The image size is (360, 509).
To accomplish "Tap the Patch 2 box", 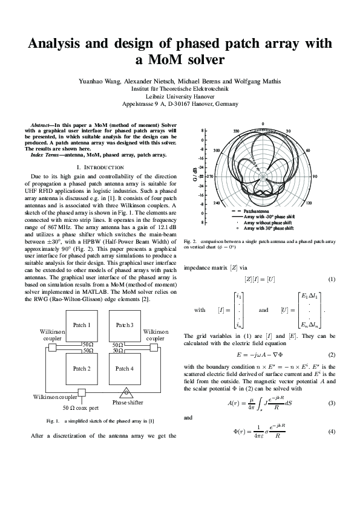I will coord(82,368).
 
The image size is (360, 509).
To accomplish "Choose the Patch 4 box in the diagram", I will coord(124,368).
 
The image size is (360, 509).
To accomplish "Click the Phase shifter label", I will coord(128,402).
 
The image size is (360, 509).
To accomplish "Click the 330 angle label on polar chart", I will coord(236,131).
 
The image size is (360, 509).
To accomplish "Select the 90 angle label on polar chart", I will coord(315,177).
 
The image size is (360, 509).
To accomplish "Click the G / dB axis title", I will coord(195,176).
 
